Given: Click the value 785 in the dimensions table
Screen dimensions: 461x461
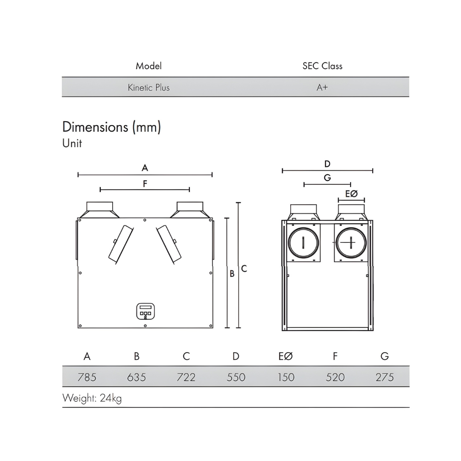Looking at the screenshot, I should (87, 377).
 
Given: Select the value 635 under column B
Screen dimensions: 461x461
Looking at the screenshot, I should (137, 377).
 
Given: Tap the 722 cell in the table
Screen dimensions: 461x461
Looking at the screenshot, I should (186, 377).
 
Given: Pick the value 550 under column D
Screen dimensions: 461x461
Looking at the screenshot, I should (236, 377).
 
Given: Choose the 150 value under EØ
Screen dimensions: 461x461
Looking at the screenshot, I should (286, 377).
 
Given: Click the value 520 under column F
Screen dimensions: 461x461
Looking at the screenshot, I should (335, 377).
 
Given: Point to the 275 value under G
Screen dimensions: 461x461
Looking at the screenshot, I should (385, 377).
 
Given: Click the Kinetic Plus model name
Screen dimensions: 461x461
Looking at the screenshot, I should (149, 88).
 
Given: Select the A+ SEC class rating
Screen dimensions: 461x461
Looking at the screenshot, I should (322, 88).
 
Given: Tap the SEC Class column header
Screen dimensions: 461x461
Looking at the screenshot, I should (322, 66).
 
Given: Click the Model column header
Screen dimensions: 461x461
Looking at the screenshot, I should (149, 66).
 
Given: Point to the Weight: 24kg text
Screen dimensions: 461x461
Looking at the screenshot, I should (92, 398).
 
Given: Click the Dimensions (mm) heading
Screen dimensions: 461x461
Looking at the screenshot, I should (111, 127).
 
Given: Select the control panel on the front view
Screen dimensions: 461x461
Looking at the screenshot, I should (145, 311).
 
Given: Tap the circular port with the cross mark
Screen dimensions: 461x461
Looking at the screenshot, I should (350, 242).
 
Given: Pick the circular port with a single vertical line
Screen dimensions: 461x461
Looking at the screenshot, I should (303, 242).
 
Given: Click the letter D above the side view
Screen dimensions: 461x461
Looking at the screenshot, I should (327, 164).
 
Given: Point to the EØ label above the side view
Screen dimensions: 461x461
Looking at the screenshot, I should (351, 194).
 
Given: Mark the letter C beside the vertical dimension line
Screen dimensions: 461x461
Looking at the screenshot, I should (244, 268).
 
